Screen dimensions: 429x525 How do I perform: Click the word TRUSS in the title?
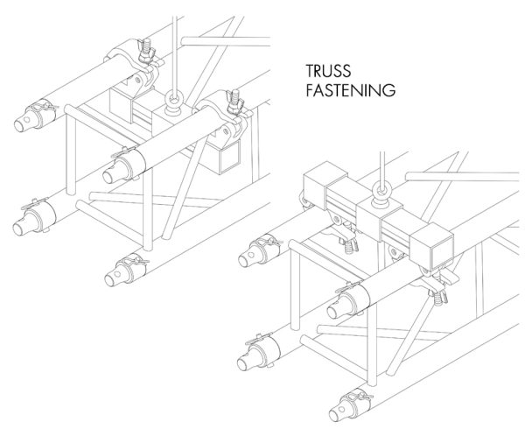pyautogui.click(x=327, y=71)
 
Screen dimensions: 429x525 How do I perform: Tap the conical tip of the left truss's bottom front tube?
pyautogui.click(x=111, y=278)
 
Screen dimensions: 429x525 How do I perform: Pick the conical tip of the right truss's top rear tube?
pyautogui.click(x=253, y=255)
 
